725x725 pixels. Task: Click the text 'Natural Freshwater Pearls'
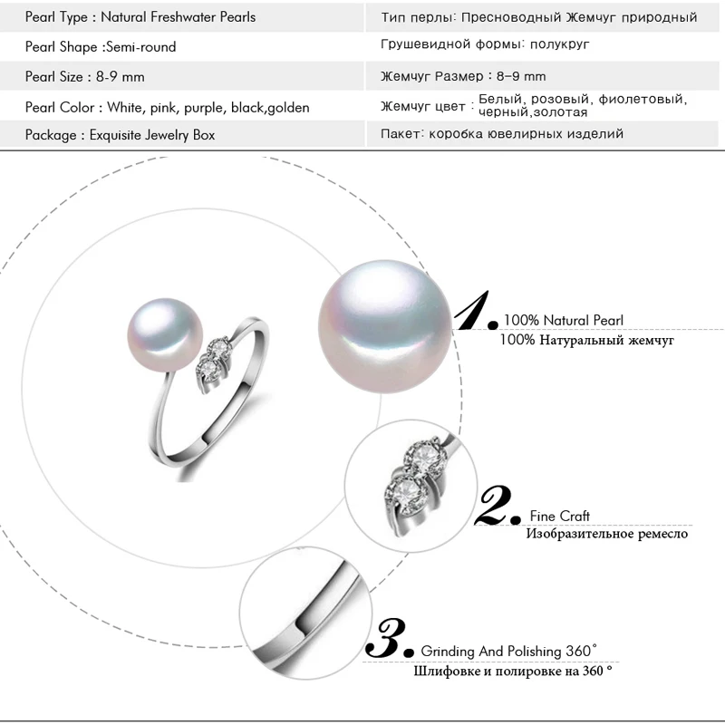point(178,17)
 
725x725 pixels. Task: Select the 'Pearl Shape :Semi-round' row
point(101,47)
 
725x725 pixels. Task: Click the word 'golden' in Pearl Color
point(289,108)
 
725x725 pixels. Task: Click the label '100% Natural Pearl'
point(564,321)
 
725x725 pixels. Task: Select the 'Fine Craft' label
point(561,517)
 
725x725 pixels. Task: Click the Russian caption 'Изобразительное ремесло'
point(606,534)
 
